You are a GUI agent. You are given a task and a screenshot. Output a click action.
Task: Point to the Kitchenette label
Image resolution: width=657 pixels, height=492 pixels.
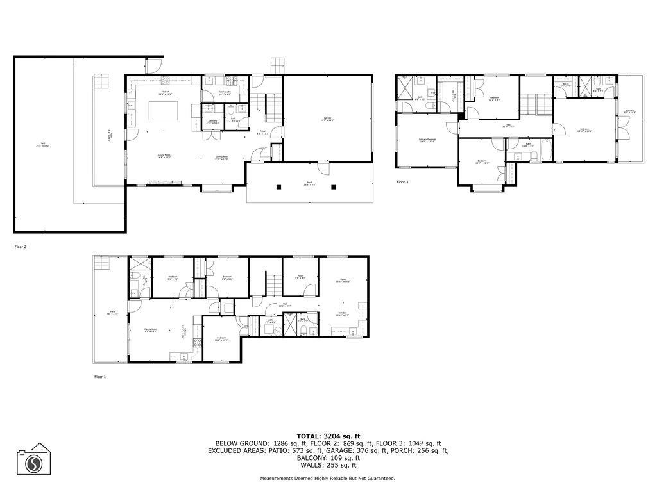tap(225, 94)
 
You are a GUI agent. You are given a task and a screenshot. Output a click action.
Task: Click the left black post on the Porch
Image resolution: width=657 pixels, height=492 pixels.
tap(279, 187)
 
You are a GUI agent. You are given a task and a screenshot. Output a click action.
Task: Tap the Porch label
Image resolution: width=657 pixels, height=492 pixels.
tap(309, 183)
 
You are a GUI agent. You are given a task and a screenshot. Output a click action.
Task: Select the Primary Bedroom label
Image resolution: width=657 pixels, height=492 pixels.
tap(427, 140)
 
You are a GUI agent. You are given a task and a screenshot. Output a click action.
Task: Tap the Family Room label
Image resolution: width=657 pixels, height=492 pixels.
tap(151, 329)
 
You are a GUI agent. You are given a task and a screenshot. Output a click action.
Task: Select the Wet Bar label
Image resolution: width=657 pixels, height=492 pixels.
tap(343, 315)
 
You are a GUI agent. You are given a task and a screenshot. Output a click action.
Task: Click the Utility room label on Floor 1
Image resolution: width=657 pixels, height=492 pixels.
tap(270, 321)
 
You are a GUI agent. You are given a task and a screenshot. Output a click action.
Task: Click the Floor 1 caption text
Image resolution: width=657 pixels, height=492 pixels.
tap(99, 377)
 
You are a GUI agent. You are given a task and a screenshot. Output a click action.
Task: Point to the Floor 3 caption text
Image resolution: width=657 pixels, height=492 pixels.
tap(402, 182)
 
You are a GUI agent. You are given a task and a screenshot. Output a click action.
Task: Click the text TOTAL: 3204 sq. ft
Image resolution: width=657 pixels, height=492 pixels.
tap(328, 436)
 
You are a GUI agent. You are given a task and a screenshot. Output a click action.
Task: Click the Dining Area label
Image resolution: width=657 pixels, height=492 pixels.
tap(223, 158)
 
